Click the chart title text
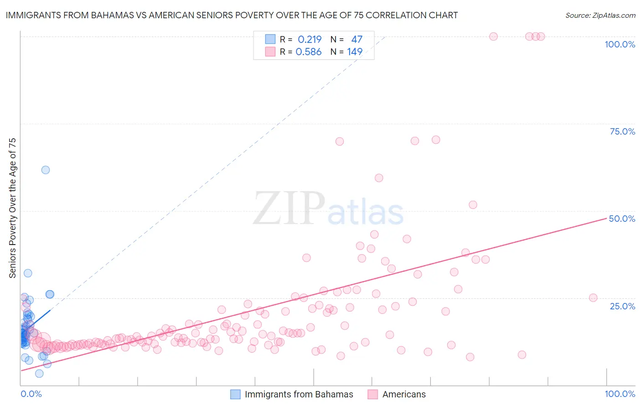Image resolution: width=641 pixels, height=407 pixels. click(x=232, y=15)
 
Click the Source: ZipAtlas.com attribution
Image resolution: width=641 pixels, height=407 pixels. click(x=600, y=15)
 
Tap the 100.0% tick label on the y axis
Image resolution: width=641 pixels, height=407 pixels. click(x=620, y=44)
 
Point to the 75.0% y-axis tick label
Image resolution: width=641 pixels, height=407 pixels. click(x=622, y=131)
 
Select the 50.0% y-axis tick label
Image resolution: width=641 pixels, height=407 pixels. click(x=622, y=219)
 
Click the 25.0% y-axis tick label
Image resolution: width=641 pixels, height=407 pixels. click(x=622, y=306)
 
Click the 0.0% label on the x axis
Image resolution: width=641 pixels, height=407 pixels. click(x=31, y=394)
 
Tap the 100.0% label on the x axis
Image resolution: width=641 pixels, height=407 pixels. click(x=620, y=394)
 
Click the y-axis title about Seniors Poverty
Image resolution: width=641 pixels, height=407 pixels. click(x=13, y=208)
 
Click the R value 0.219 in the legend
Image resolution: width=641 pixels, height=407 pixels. click(x=310, y=40)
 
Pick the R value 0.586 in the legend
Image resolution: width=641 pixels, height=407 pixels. click(x=309, y=52)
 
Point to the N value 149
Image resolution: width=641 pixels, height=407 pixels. click(x=355, y=52)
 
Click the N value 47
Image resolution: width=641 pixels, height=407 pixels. click(x=357, y=40)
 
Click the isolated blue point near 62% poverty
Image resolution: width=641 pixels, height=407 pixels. click(x=46, y=170)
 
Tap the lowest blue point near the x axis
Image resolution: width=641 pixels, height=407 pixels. click(x=39, y=373)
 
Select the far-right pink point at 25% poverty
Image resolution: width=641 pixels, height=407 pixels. click(x=593, y=297)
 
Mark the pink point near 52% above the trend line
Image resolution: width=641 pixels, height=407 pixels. click(x=473, y=205)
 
